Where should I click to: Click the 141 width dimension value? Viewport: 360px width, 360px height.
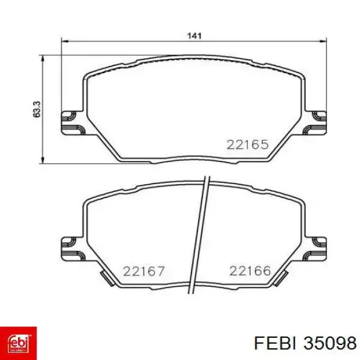194,36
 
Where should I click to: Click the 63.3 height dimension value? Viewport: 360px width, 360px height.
37,109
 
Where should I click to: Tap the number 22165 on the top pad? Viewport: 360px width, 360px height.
247,145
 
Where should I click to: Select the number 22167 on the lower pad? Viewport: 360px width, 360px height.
144,271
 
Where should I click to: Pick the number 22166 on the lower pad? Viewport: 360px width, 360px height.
250,271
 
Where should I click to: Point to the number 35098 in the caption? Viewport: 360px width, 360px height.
330,344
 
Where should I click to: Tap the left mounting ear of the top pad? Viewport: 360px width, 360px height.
73,123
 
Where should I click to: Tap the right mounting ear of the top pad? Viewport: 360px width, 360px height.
315,123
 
